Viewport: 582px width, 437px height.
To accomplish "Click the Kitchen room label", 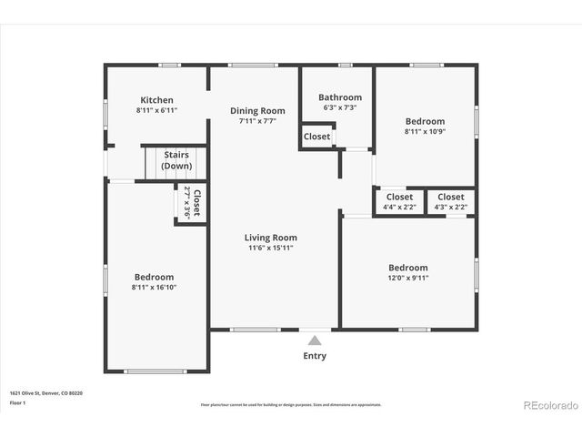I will tap(156, 100).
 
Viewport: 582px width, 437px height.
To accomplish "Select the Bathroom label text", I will tap(340, 97).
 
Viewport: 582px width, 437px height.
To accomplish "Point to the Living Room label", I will tap(271, 238).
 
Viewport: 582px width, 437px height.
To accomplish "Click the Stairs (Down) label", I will tap(176, 155).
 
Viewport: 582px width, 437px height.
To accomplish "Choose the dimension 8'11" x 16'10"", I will tap(154, 287).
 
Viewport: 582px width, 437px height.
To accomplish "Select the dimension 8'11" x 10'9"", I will tap(425, 131).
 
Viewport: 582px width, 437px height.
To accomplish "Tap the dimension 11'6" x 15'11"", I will tap(271, 248).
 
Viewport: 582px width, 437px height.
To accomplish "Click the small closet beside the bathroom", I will tap(317, 137).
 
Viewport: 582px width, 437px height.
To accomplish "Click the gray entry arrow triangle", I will tap(315, 340).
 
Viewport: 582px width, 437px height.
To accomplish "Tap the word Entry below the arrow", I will tap(315, 356).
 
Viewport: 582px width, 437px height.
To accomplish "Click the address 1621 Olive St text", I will tap(45, 393).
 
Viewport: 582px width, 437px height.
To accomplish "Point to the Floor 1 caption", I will tap(17, 401).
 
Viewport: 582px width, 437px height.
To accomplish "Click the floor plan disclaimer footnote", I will tap(291, 404).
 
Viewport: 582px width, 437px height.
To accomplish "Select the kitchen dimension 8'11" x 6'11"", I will tap(156, 110).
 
